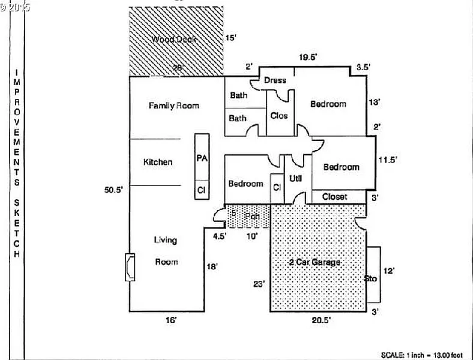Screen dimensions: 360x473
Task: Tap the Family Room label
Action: pos(173,106)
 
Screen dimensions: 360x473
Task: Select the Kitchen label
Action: pos(158,162)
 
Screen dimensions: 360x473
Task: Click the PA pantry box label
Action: pos(202,158)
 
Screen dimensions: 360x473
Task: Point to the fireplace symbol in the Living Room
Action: pos(130,267)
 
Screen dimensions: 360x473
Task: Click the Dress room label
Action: pos(275,80)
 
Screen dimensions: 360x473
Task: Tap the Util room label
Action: pos(296,178)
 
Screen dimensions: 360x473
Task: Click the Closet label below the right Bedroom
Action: pos(335,197)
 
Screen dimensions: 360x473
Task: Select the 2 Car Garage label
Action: pos(315,262)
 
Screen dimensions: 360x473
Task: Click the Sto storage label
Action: pos(370,278)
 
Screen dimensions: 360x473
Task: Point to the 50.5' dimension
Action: pos(113,190)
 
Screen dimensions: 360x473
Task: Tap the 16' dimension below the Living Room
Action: pos(171,321)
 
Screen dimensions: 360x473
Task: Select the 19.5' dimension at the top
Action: pos(308,57)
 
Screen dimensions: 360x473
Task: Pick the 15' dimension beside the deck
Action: pos(231,38)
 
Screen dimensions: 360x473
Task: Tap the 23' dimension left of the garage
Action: pos(259,284)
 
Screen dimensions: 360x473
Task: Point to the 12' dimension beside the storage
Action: pos(389,271)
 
